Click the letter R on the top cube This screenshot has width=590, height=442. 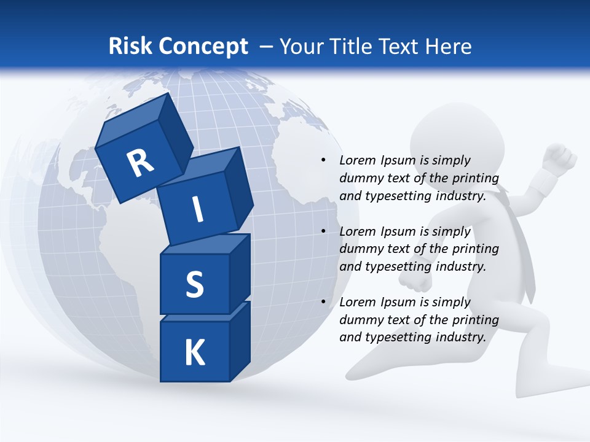140,163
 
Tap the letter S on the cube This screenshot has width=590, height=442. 194,284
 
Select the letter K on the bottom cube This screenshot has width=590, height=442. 194,353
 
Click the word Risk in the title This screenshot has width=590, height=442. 130,47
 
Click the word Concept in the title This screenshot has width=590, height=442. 203,47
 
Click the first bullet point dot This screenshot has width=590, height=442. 323,161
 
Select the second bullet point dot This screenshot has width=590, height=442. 323,231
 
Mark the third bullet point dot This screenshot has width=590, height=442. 323,302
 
